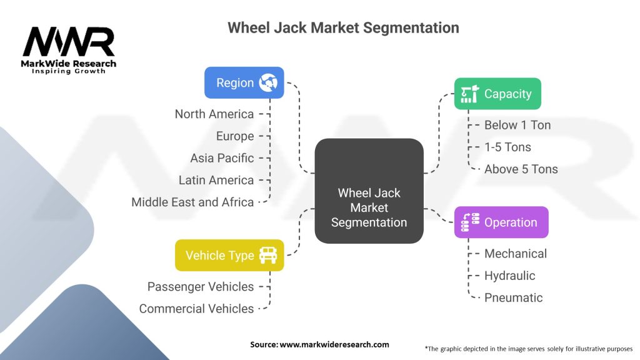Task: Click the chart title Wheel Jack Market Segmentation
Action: (343, 27)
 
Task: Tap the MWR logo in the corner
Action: (69, 49)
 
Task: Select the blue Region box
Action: (244, 82)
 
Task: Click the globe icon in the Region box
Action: (269, 82)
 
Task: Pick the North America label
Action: (214, 114)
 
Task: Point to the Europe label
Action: (235, 136)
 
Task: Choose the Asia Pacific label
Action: (222, 158)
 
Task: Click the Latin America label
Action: (216, 180)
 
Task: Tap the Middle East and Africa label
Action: (192, 202)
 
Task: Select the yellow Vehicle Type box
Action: (229, 255)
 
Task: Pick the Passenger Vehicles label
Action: (201, 286)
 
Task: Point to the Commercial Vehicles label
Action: (196, 309)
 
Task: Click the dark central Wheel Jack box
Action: (369, 191)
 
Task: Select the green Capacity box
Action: (497, 94)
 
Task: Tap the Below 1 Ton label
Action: (517, 125)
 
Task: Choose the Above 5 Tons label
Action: (521, 169)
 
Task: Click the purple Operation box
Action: (501, 222)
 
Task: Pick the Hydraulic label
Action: (509, 276)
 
